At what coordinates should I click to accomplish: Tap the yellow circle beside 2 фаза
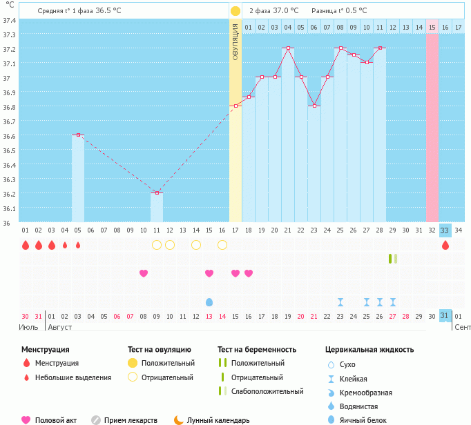coord(236,11)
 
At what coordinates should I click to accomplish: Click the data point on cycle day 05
coord(78,135)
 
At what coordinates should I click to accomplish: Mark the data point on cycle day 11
coord(157,193)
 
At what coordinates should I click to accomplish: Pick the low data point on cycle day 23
coord(314,106)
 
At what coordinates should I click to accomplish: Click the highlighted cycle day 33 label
coord(445,230)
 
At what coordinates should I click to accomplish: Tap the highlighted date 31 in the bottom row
coord(445,316)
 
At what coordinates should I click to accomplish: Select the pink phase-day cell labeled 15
coord(432,27)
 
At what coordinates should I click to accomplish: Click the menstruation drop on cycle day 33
coord(445,245)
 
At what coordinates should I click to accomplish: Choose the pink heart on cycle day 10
coord(144,273)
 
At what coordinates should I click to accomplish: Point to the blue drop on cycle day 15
coord(209,302)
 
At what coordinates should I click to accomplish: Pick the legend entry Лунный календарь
coord(219,420)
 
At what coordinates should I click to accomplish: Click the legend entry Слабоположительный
coord(267,391)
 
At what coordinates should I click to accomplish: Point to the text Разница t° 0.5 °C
coord(339,11)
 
